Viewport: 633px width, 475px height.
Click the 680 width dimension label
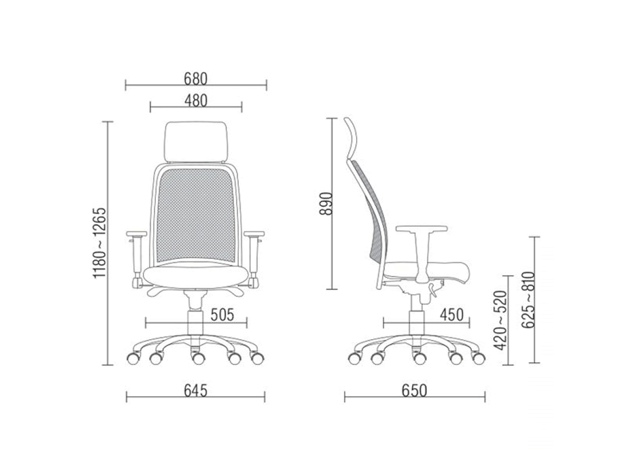tap(196, 79)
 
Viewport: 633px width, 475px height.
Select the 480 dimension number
tap(196, 101)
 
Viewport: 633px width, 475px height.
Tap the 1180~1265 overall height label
tap(100, 243)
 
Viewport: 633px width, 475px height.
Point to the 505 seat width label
tap(222, 314)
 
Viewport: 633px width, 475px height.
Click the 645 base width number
tap(196, 390)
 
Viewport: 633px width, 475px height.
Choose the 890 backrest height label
tap(326, 203)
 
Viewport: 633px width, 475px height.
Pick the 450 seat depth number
tap(452, 314)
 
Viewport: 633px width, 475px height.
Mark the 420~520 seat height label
tap(499, 320)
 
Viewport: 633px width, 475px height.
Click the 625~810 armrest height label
tap(528, 299)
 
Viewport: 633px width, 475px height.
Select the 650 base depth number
tap(414, 390)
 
